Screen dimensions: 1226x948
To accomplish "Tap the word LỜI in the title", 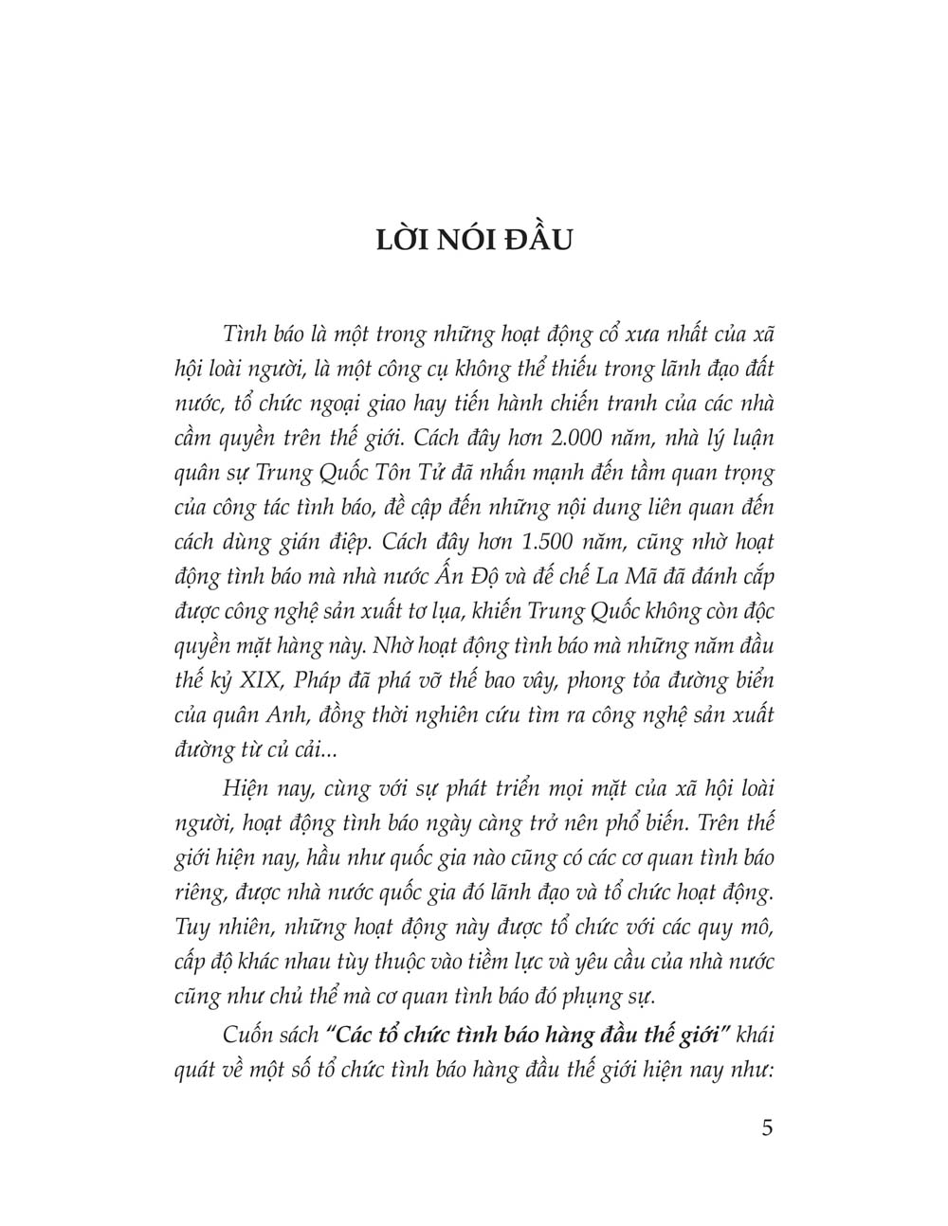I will (x=402, y=240).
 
